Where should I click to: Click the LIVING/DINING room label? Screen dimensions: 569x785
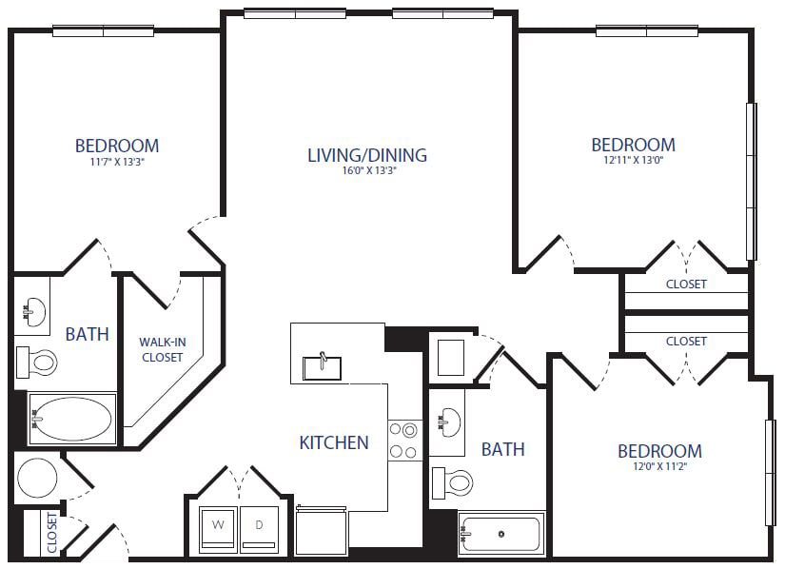coord(366,155)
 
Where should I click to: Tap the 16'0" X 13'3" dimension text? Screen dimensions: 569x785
coord(366,172)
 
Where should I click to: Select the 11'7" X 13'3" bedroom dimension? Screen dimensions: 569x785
coord(117,162)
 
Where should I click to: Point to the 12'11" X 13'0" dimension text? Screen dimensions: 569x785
coord(633,161)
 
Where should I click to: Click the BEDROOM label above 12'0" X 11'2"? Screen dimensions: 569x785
coord(659,451)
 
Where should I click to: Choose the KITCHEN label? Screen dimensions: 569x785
coord(334,442)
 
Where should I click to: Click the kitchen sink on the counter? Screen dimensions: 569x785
coord(323,365)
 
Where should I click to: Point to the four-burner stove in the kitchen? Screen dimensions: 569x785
coord(404,441)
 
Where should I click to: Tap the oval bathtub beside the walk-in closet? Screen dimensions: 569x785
coord(71,419)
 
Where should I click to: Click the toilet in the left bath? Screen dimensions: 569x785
coord(38,362)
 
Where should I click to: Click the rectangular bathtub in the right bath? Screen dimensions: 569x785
coord(500,535)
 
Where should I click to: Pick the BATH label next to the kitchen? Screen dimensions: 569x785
coord(502,449)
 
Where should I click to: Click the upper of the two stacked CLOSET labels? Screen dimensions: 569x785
coord(686,284)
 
